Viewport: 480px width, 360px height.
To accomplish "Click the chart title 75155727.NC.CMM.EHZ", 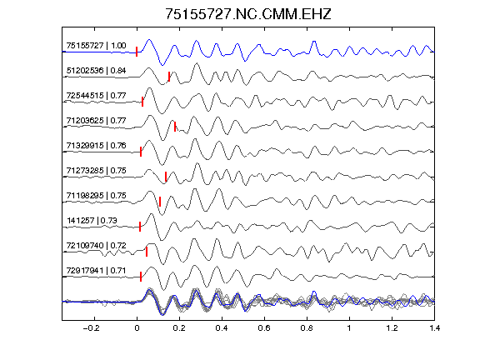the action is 248,14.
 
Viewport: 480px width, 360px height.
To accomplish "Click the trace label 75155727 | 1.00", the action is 96,46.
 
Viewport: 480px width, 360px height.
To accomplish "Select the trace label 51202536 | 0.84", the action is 96,71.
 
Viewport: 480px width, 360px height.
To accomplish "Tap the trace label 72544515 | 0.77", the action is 96,96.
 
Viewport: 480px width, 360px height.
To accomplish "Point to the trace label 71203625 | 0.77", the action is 96,121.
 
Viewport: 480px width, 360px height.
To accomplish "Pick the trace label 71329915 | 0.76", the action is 96,145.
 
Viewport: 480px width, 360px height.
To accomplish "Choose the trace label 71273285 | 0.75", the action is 96,171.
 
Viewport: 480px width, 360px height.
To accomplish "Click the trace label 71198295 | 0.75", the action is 96,196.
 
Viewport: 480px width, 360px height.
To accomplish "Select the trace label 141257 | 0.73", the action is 92,220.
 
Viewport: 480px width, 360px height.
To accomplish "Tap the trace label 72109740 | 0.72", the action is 96,246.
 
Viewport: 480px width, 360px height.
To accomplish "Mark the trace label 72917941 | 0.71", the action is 96,271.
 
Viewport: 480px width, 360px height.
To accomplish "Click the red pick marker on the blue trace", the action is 137,52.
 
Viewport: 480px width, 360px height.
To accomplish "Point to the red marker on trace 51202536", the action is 169,77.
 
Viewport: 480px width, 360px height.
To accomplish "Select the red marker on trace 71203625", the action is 175,127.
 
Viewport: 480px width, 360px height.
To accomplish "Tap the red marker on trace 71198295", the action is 160,202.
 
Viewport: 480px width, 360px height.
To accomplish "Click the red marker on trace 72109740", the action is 147,252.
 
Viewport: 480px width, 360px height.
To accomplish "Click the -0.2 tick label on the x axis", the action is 91,328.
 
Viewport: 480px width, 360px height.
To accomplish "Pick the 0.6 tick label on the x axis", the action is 264,328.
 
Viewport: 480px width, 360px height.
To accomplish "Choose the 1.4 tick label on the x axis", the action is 434,328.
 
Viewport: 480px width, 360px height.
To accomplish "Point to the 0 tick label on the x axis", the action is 137,328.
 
